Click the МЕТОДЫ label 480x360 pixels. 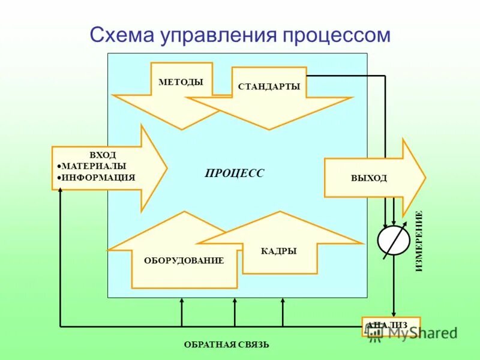[181, 82]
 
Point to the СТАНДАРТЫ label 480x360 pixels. [268, 86]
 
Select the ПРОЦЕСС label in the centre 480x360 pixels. [234, 173]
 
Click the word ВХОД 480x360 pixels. [103, 155]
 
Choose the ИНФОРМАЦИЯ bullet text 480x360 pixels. [98, 177]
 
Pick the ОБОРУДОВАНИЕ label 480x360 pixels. [184, 260]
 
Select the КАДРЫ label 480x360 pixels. [278, 251]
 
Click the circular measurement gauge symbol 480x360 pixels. [393, 241]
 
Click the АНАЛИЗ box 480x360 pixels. [391, 325]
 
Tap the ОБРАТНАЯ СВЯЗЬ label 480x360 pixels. [226, 344]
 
